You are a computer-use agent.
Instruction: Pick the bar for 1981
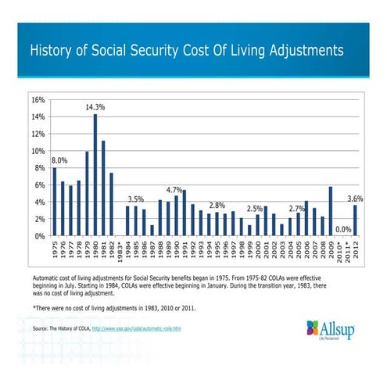coord(103,188)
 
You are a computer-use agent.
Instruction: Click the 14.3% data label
coord(95,106)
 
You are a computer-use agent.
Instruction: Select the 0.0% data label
coord(342,229)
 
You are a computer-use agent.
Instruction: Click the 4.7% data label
coord(174,190)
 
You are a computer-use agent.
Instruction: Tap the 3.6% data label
coord(357,199)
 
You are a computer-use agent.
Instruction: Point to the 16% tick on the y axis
coord(37,101)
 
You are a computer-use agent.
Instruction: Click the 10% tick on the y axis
coord(37,151)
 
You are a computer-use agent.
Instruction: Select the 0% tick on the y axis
coord(39,235)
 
